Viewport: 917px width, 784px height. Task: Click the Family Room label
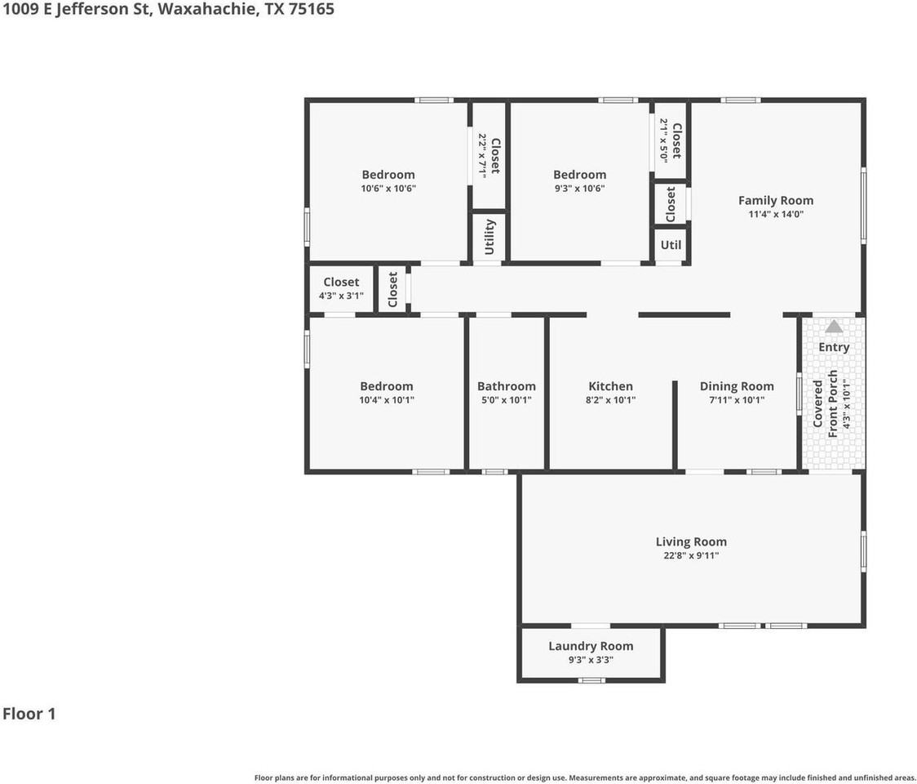click(775, 200)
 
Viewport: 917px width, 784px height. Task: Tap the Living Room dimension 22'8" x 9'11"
click(691, 555)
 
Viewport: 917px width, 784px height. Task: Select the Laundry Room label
click(591, 646)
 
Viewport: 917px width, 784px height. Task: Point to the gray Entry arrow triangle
click(833, 327)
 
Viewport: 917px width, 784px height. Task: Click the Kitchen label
click(610, 386)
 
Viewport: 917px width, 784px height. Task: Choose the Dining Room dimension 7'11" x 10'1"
click(737, 400)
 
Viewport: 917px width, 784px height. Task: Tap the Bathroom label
click(507, 386)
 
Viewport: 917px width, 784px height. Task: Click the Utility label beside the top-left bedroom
click(490, 237)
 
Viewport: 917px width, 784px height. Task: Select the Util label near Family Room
click(671, 245)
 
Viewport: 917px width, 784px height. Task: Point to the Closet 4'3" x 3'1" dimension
click(341, 296)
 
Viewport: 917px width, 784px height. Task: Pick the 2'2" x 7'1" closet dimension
click(482, 154)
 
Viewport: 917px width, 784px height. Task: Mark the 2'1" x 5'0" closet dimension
click(664, 140)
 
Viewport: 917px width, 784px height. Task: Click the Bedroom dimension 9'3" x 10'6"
click(579, 188)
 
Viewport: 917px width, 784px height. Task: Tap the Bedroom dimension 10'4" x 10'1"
click(387, 400)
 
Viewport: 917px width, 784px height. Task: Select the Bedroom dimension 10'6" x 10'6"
click(388, 188)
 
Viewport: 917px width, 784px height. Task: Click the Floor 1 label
click(29, 714)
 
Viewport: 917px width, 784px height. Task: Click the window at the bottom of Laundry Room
click(591, 680)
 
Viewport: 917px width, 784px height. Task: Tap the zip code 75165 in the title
click(312, 10)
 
